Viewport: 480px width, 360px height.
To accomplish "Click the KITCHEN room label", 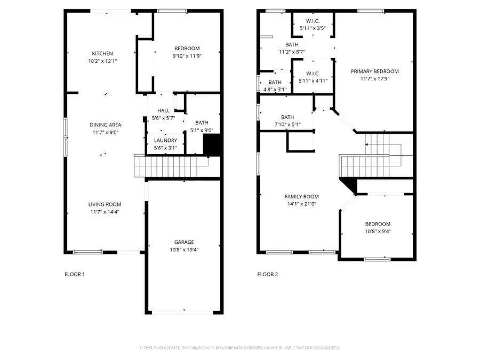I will click(102, 53).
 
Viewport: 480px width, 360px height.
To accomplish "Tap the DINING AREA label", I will click(105, 125).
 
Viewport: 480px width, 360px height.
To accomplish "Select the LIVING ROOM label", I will click(105, 204).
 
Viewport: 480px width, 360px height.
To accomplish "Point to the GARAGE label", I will click(184, 242).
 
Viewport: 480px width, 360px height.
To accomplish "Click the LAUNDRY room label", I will click(165, 140).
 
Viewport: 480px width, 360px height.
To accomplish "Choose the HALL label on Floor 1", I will click(163, 110).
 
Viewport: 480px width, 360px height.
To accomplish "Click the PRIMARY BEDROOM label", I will click(374, 71).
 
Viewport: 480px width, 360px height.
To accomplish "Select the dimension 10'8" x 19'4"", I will click(184, 249).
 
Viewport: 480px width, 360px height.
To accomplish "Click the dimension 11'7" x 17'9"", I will click(374, 79).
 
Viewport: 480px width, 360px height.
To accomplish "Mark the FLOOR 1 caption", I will click(75, 275).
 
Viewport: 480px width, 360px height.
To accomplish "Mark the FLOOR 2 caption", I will click(268, 275).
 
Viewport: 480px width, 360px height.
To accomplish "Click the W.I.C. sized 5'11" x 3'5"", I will click(313, 25).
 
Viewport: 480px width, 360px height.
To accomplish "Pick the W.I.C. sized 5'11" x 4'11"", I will click(313, 77).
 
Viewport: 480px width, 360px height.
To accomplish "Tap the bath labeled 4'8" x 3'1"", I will click(275, 86).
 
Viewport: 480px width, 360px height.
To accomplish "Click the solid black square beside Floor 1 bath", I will click(213, 145).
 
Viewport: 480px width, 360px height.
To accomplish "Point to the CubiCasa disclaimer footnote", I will click(239, 348).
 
